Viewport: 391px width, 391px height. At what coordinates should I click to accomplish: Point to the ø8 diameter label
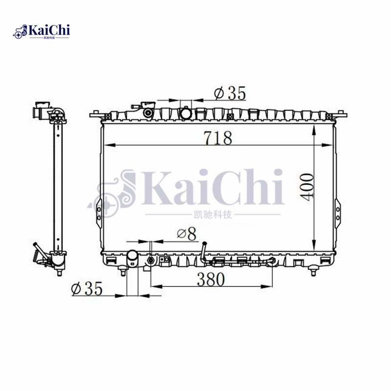click(x=186, y=234)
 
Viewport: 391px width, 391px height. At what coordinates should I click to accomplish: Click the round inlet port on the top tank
click(x=186, y=113)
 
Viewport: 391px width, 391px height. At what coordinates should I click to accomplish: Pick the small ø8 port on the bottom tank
click(x=151, y=261)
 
